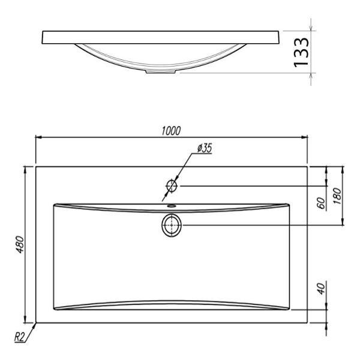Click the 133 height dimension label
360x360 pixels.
(301, 52)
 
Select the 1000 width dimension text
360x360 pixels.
(171, 131)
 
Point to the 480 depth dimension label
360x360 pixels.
(20, 245)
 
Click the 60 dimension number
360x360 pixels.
(322, 203)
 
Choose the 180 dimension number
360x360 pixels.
(337, 196)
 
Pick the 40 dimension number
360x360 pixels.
(322, 289)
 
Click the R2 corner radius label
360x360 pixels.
(19, 337)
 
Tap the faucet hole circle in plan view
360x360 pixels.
(172, 186)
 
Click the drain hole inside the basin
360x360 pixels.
(172, 225)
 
